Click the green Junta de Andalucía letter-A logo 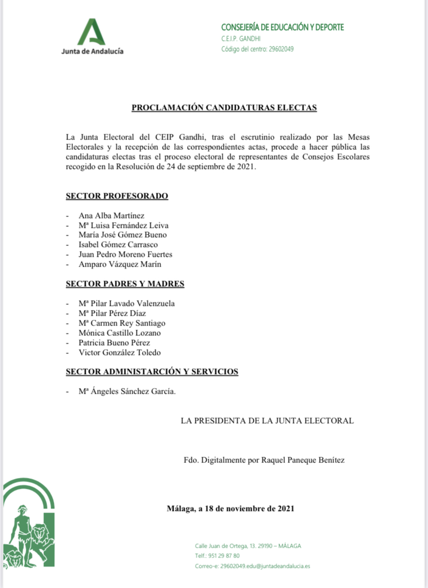[x=91, y=32]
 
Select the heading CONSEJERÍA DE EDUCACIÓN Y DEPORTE [x=282, y=27]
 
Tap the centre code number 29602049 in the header [x=282, y=49]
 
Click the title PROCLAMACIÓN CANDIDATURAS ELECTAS [x=224, y=108]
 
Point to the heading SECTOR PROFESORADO [x=117, y=196]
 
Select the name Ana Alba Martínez [x=112, y=215]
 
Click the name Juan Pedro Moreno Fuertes [x=126, y=254]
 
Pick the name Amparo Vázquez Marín [x=120, y=264]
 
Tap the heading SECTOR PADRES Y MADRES [x=125, y=284]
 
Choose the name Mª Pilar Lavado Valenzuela [x=127, y=303]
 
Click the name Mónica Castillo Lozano [x=119, y=333]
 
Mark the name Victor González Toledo [x=119, y=352]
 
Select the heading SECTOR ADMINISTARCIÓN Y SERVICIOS [x=152, y=372]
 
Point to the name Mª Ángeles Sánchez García [x=127, y=392]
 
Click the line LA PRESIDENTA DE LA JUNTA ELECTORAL [x=267, y=421]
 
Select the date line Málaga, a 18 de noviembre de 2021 [x=231, y=508]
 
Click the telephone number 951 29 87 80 [x=224, y=555]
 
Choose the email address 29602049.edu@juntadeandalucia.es [x=265, y=566]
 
